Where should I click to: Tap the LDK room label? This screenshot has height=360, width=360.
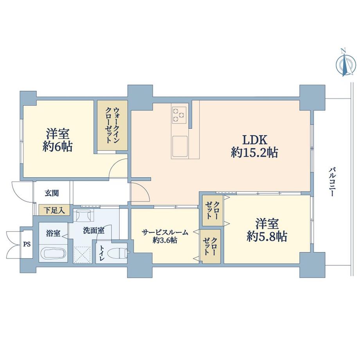coord(254,139)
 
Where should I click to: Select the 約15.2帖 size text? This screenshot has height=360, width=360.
coord(254,153)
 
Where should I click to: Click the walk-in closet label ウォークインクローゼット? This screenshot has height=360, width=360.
coord(112,125)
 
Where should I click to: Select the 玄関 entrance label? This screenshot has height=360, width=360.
coord(52,193)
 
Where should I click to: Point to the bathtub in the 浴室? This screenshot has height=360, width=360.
coord(54,253)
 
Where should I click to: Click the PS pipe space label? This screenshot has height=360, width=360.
coord(26,245)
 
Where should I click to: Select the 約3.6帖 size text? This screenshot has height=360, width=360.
coord(165,240)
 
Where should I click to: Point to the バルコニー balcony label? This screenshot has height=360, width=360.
coord(332,182)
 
